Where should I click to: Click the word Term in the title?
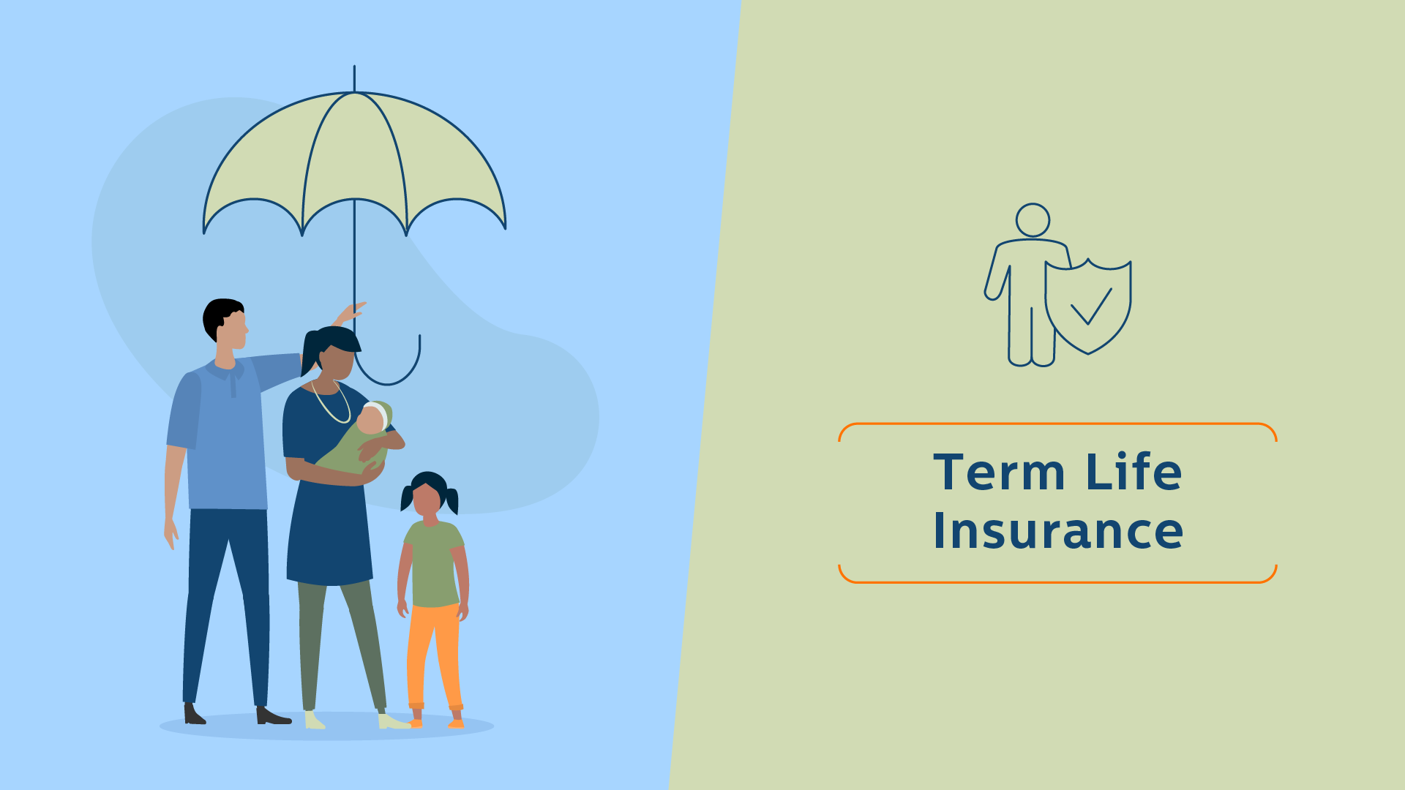click(999, 472)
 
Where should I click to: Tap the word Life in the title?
click(1134, 472)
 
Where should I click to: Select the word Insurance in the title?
click(1058, 530)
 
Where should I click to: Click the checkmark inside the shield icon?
click(1091, 306)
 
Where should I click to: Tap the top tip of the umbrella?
click(354, 67)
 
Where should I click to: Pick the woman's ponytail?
click(311, 353)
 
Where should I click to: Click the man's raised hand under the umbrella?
click(350, 312)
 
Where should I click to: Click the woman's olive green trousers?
click(340, 644)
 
